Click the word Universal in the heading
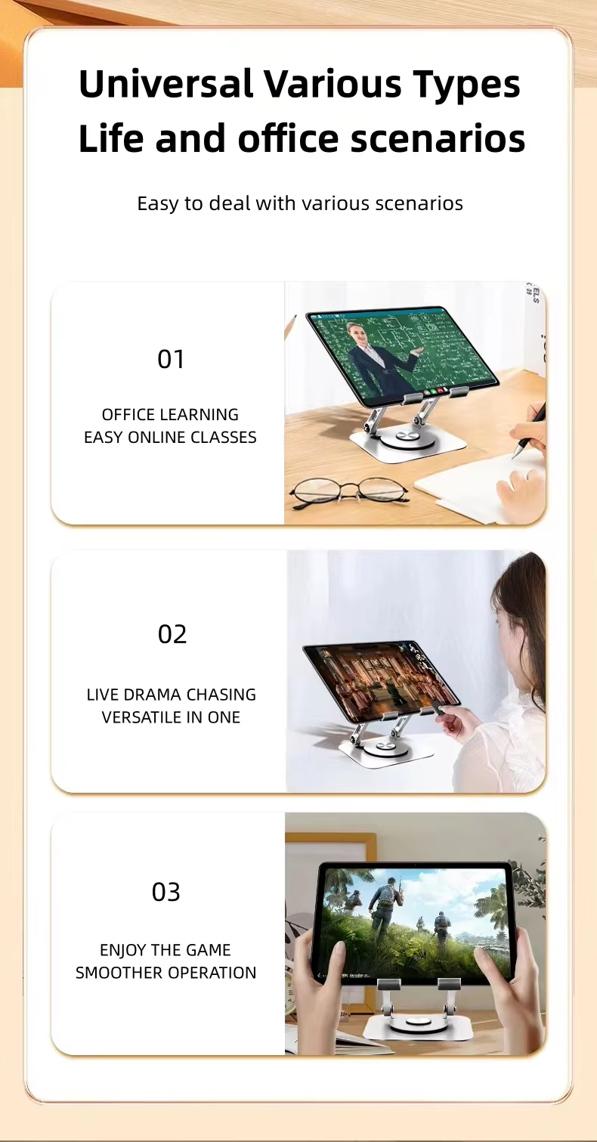point(166,83)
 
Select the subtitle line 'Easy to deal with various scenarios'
point(300,203)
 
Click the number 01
point(171,359)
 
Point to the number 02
point(172,634)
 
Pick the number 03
point(166,892)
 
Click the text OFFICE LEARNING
point(170,414)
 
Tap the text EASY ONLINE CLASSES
point(170,437)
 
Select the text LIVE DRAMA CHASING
point(172,695)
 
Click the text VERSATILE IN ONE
point(171,717)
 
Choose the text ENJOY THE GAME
point(165,950)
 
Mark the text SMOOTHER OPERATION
point(165,973)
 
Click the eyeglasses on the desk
point(348,493)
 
